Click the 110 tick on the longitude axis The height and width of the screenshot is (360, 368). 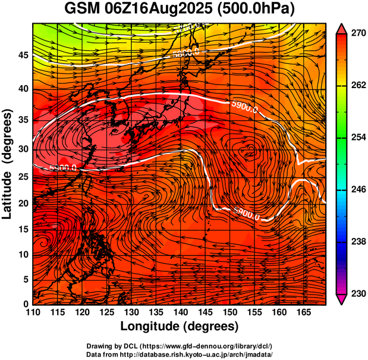(x=33, y=313)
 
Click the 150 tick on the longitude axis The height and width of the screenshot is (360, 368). (x=228, y=313)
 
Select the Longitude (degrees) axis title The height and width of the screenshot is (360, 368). (x=180, y=327)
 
